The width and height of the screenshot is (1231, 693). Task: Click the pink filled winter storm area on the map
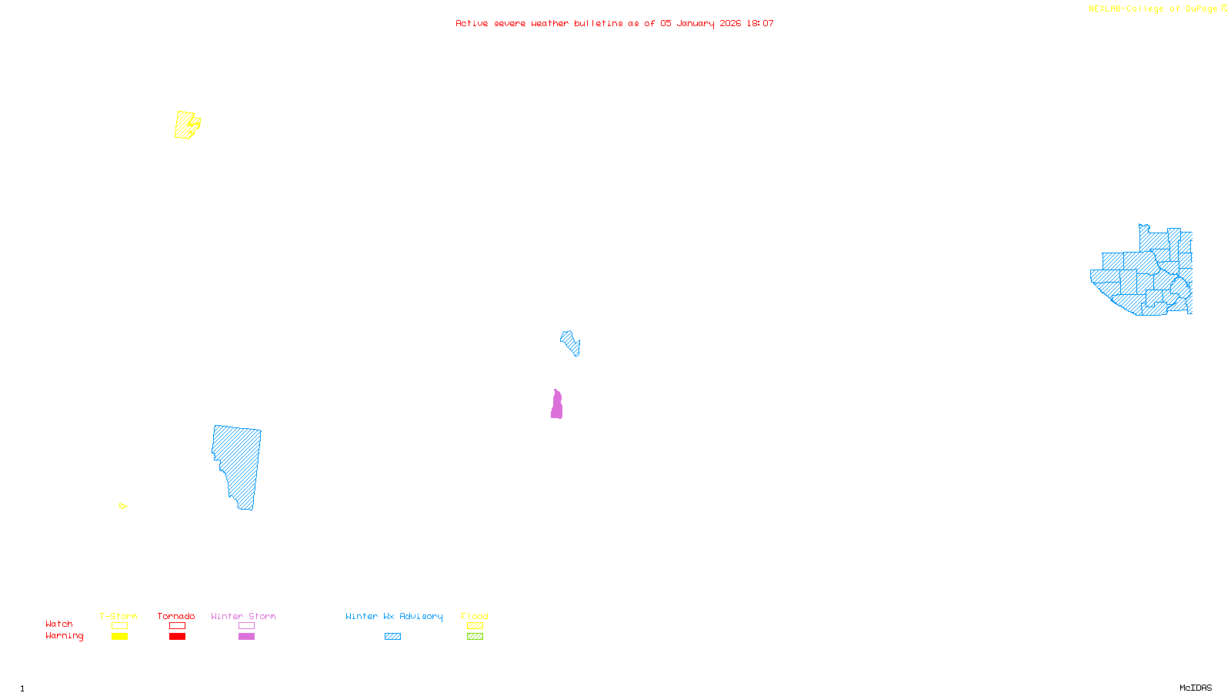pos(556,406)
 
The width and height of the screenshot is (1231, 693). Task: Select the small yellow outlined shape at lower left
pos(122,506)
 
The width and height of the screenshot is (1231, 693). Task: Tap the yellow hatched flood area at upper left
pos(185,125)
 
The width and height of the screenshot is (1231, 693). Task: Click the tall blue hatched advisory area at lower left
pos(239,462)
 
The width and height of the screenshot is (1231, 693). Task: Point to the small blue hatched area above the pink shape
pos(570,342)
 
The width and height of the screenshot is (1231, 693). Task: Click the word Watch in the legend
pos(59,624)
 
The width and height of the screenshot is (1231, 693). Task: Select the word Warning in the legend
pos(65,636)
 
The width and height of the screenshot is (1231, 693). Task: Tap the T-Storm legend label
pos(118,616)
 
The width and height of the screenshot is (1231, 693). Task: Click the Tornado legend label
pos(176,616)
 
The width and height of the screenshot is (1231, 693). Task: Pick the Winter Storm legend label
pos(243,616)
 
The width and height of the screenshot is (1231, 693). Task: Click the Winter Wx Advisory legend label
pos(394,616)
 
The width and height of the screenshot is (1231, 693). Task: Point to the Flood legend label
pos(475,616)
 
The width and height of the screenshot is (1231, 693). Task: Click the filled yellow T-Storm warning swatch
pos(119,637)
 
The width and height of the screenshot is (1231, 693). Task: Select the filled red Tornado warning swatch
pos(177,637)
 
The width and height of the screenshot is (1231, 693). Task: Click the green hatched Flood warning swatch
pos(475,637)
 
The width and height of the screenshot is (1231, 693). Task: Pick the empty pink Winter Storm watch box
pos(246,626)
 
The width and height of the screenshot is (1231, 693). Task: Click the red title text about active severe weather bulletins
pos(615,23)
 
